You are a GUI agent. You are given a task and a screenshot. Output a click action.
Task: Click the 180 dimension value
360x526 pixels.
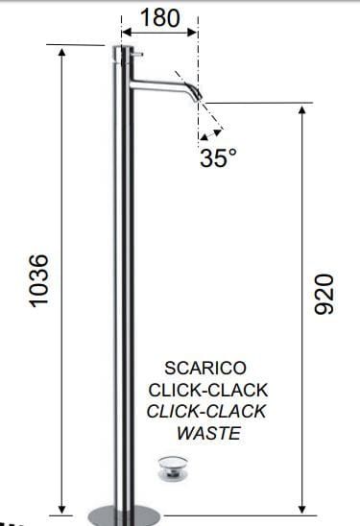pos(160,18)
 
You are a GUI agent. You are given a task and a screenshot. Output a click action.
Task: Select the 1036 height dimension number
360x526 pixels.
pos(37,281)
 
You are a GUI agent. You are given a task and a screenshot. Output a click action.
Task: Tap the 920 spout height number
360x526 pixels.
pos(324,295)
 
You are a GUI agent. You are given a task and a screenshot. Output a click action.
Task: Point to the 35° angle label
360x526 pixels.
pos(218,157)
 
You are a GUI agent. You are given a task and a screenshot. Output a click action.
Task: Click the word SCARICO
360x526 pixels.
pos(205,368)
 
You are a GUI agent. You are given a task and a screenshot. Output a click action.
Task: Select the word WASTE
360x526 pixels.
pos(208,433)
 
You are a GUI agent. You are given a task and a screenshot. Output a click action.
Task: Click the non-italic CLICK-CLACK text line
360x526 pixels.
pos(208,390)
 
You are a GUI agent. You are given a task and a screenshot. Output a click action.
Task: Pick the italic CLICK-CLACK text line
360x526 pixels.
pos(206,412)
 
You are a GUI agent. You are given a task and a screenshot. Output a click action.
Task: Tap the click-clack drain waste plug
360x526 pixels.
pos(173,468)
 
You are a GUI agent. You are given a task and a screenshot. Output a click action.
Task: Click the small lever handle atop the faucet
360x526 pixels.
pos(137,54)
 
